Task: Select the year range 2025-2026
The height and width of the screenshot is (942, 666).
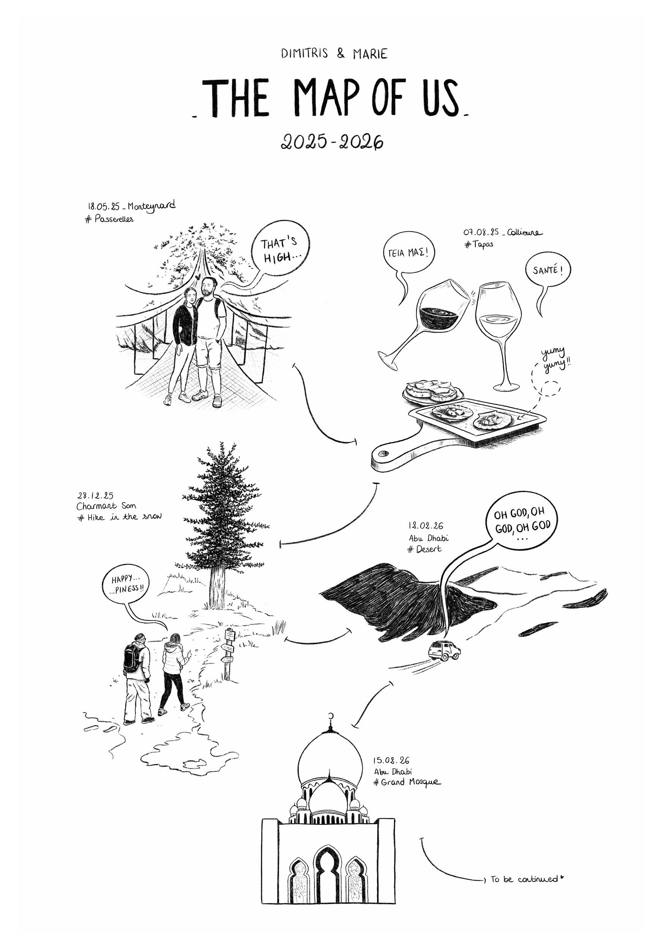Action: click(x=332, y=142)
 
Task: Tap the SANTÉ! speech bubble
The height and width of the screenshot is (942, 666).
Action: click(x=548, y=271)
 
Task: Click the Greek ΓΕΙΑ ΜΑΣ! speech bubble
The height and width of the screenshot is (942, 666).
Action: click(x=409, y=253)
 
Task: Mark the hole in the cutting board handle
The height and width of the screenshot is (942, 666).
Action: click(x=383, y=454)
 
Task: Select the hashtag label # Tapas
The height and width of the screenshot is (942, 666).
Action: click(x=478, y=245)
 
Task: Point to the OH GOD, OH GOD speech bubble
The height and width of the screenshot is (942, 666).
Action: click(x=522, y=521)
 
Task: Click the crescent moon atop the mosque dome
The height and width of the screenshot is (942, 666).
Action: click(x=332, y=716)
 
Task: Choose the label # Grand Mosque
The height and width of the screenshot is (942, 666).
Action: click(x=407, y=782)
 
